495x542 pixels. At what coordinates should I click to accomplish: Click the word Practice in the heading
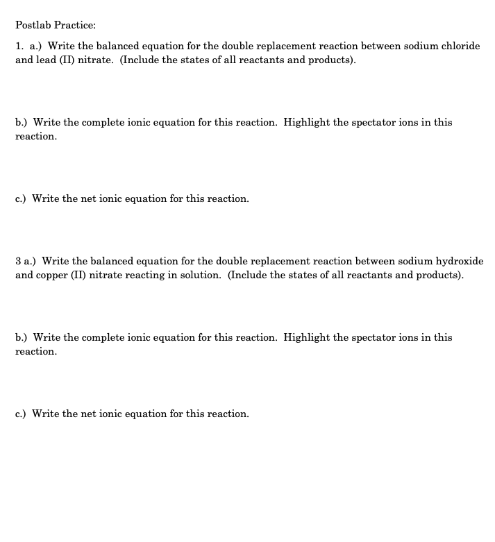point(74,25)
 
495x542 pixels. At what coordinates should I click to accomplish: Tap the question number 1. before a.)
point(19,46)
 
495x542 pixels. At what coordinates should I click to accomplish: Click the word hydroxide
point(461,261)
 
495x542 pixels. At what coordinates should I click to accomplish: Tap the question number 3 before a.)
point(18,261)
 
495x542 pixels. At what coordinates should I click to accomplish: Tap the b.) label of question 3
point(22,337)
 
